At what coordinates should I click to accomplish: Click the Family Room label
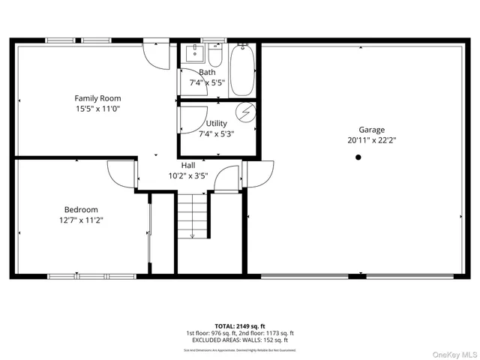pos(97,98)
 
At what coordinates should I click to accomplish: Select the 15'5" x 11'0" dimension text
pos(97,109)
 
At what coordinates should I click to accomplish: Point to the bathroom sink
pos(195,54)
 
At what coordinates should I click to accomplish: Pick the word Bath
pos(207,73)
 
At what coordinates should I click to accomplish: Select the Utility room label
pos(217,123)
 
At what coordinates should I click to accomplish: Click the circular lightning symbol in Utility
pos(245,112)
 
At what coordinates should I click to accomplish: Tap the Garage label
pos(371,130)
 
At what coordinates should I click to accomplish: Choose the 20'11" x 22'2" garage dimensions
pos(371,140)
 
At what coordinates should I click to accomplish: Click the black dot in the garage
pos(358,157)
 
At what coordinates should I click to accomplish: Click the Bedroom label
pos(81,209)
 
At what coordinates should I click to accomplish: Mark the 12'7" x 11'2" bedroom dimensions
pos(81,220)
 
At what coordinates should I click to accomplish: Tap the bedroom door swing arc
pos(120,175)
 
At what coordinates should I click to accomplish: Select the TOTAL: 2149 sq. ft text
pos(240,326)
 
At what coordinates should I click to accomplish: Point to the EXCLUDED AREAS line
pos(240,340)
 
